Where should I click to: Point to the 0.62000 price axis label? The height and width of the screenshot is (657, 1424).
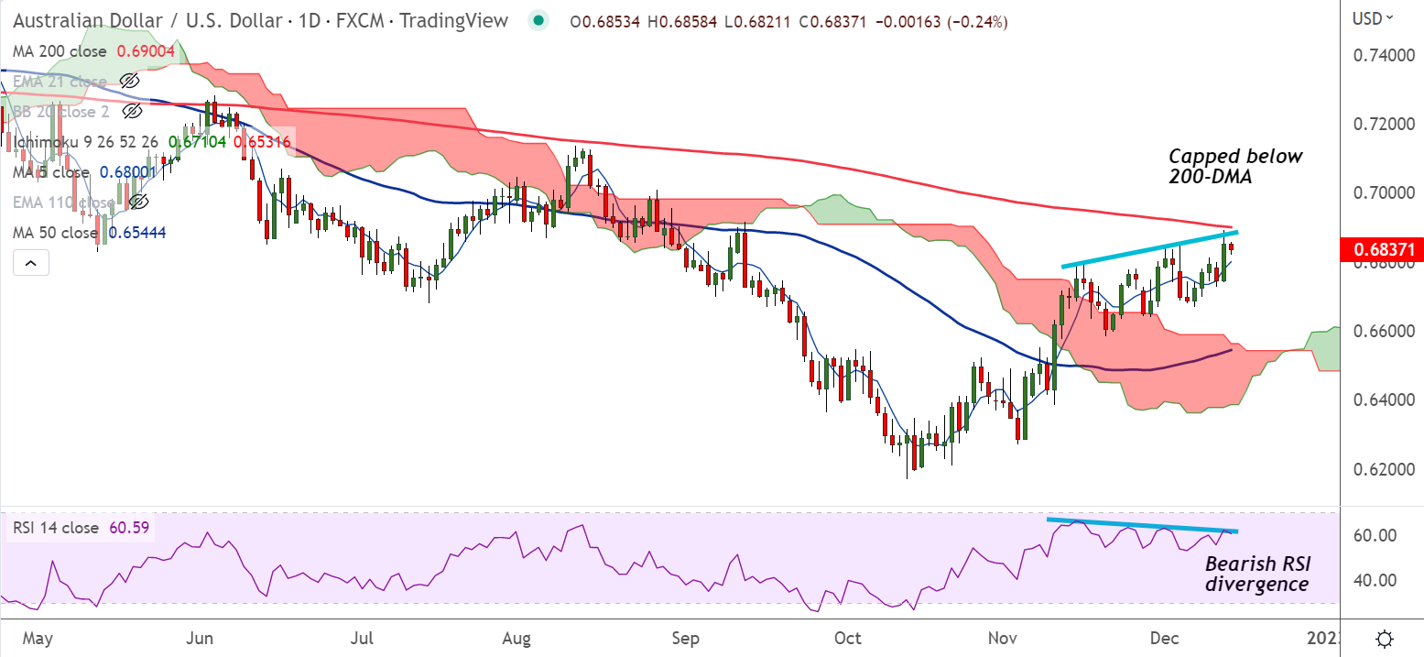click(1380, 468)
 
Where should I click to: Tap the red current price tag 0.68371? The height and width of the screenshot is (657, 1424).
click(1380, 248)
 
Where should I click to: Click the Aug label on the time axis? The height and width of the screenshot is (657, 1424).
click(517, 637)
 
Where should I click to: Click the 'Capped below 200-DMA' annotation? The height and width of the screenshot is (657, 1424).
click(1234, 167)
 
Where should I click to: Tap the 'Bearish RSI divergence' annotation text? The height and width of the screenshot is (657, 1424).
click(1256, 574)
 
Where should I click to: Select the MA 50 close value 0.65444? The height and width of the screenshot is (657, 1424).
click(137, 233)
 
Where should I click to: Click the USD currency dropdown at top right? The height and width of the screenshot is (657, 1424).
click(1373, 17)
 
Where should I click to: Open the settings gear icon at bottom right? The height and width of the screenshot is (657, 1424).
click(1385, 638)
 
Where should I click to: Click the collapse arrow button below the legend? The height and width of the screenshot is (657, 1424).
click(31, 264)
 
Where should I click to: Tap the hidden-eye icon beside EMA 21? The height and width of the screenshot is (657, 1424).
click(130, 82)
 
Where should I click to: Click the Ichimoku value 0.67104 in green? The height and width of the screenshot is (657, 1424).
click(201, 142)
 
